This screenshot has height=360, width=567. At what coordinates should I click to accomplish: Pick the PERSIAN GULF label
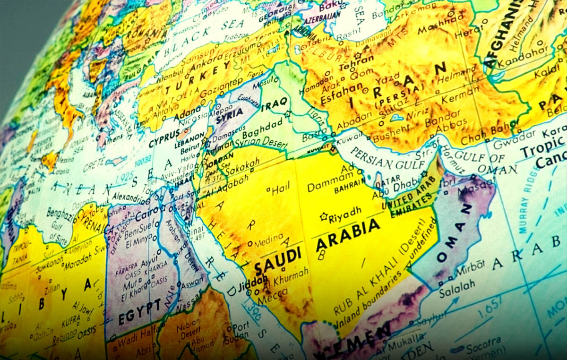378,160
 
